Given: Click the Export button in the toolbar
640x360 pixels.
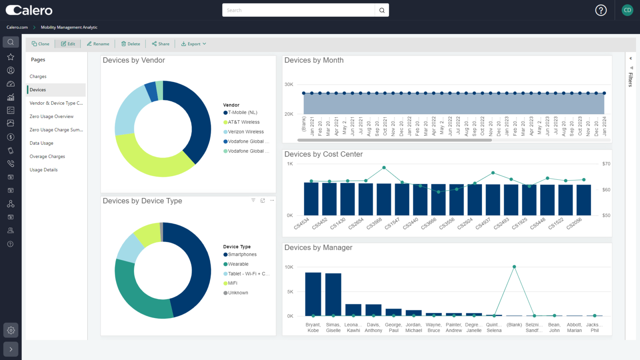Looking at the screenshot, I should tap(194, 44).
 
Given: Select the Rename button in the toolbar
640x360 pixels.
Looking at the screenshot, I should tap(98, 44).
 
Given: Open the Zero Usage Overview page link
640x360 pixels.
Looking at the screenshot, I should tap(52, 116).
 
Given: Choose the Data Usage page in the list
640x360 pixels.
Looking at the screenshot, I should tap(41, 143).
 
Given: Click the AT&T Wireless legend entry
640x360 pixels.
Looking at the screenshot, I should tap(243, 122).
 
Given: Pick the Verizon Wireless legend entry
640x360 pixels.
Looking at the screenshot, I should tap(245, 132).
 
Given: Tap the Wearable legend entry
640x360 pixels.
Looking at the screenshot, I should tap(238, 264).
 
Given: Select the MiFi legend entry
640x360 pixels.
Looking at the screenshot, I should tap(232, 283).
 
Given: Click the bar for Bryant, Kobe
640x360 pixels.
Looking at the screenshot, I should tap(313, 294).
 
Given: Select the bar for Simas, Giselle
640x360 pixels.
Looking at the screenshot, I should tap(333, 294).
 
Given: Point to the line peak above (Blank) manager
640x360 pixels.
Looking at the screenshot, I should tap(514, 267).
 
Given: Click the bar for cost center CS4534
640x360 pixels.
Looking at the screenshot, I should tap(311, 199).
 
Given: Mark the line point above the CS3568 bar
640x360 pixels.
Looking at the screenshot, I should tap(384, 168).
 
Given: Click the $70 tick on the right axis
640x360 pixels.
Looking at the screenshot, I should tap(606, 164).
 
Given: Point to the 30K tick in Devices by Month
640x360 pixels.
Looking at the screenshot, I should tap(289, 84).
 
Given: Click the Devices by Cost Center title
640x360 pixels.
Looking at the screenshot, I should tap(323, 154).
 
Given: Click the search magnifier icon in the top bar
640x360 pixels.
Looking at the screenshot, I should tap(382, 10).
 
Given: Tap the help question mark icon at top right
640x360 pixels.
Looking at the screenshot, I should tap(601, 10).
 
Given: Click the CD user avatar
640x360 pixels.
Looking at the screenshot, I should tap(627, 10).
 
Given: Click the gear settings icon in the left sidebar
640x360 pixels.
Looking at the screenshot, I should tap(11, 330).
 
